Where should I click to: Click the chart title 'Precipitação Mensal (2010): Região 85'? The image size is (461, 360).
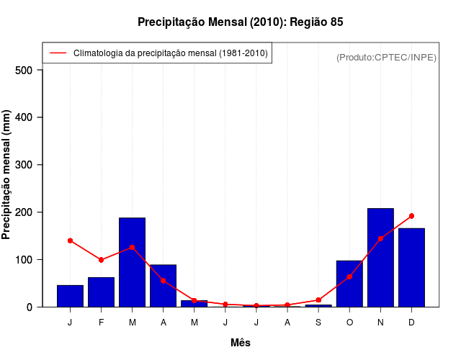tap(241, 22)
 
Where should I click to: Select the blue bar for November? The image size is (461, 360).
tap(380, 257)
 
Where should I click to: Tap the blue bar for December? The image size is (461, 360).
tap(411, 267)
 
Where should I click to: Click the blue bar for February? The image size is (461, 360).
tap(101, 292)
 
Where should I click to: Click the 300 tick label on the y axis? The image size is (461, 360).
tap(24, 165)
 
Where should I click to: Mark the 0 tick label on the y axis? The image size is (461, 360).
tap(30, 307)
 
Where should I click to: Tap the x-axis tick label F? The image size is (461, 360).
tap(101, 323)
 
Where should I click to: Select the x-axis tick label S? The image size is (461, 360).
tap(318, 323)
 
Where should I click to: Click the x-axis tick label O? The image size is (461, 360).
tap(349, 323)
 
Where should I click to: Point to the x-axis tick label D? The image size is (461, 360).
tap(411, 323)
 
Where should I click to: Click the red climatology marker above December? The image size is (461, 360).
tap(411, 216)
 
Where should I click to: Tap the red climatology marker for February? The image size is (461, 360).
tap(101, 260)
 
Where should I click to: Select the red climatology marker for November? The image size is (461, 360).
tap(380, 238)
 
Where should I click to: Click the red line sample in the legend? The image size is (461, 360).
tap(58, 53)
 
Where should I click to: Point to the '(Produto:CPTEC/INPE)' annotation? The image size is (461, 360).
tap(386, 57)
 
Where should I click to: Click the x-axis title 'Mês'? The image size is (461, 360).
tap(241, 343)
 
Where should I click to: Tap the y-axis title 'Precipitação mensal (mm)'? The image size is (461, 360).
tap(7, 179)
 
